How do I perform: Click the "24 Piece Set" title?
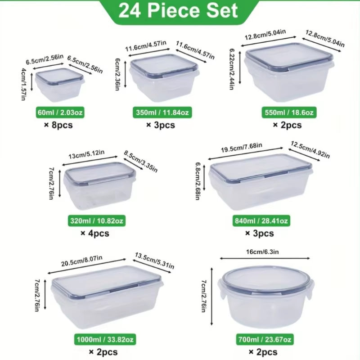pos(179,11)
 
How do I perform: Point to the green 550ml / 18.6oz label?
pos(287,112)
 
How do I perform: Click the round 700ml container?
pos(265,301)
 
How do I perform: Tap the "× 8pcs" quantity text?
pos(58,125)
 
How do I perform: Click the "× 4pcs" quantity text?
pos(94,233)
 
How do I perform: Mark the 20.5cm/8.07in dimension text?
pos(88,262)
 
